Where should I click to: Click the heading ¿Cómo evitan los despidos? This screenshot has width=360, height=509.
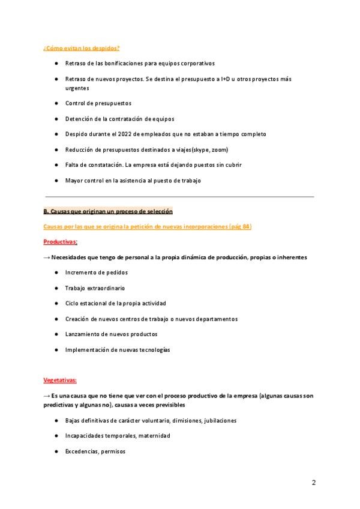(81, 48)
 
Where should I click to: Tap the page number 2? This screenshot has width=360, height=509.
(314, 483)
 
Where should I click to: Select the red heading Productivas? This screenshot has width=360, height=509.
(61, 241)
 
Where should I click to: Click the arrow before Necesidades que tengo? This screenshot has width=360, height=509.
(47, 257)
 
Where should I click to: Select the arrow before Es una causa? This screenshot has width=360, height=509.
(47, 396)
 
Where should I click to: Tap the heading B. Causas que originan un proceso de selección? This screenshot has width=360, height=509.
(108, 211)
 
